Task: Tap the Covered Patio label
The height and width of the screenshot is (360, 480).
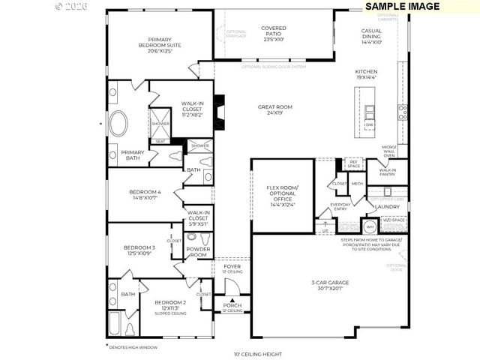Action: [x=273, y=33]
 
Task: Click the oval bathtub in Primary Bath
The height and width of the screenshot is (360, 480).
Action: [x=119, y=124]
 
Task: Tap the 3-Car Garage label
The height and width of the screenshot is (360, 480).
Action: [x=330, y=286]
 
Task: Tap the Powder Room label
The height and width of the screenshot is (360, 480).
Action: [x=198, y=252]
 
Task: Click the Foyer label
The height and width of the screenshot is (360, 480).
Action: [x=232, y=268]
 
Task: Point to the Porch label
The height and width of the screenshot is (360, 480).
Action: [x=232, y=307]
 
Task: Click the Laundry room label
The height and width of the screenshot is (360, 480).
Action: [x=386, y=206]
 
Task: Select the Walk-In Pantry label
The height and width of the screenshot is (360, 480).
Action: [x=388, y=173]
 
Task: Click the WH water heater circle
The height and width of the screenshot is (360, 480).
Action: [x=369, y=226]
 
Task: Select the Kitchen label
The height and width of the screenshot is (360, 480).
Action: [x=365, y=73]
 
